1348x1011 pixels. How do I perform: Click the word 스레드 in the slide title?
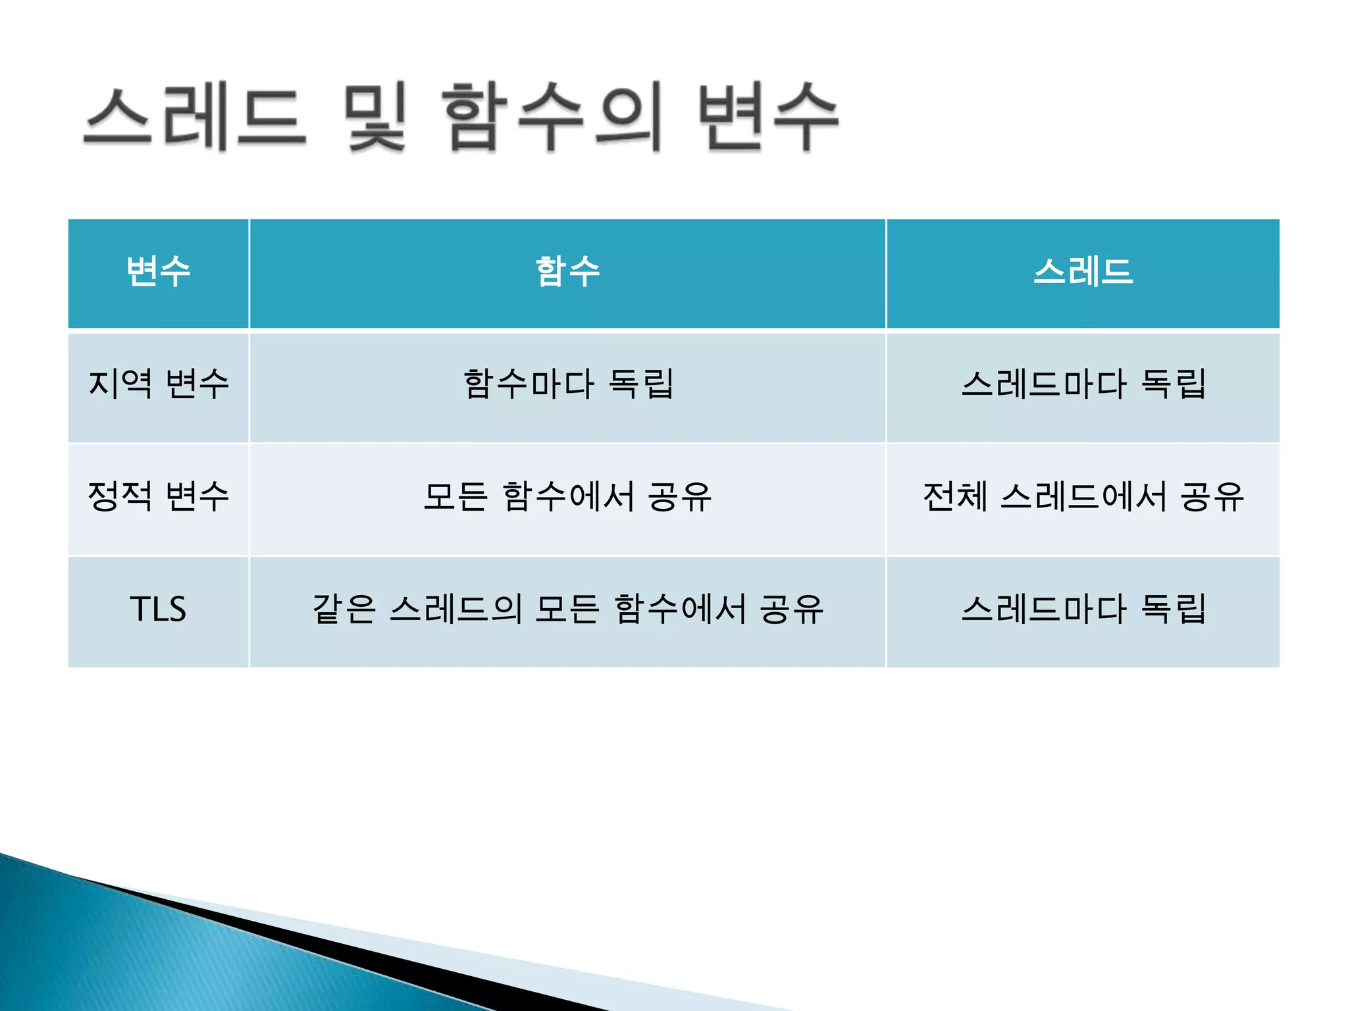coord(195,117)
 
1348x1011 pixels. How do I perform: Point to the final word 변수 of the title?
coord(767,117)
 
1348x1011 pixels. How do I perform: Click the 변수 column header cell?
coord(159,272)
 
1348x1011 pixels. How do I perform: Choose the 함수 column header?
coord(567,272)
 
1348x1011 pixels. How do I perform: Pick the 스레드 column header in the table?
coord(1083,272)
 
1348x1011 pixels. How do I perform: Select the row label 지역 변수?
coord(159,384)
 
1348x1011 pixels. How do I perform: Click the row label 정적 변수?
coord(159,496)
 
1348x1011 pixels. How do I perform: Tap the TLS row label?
coord(159,609)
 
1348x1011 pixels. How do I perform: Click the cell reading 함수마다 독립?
coord(567,384)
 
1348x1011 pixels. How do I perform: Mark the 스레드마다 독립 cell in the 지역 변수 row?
coord(1083,384)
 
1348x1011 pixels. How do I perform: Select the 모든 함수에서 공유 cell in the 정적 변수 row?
coord(567,496)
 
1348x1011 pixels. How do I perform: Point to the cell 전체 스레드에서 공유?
coord(1083,496)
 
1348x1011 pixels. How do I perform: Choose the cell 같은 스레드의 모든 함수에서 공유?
coord(567,609)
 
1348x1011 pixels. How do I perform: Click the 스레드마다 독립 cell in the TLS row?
coord(1083,609)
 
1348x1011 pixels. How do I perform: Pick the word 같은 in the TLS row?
coord(344,609)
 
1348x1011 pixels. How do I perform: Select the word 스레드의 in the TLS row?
coord(455,609)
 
